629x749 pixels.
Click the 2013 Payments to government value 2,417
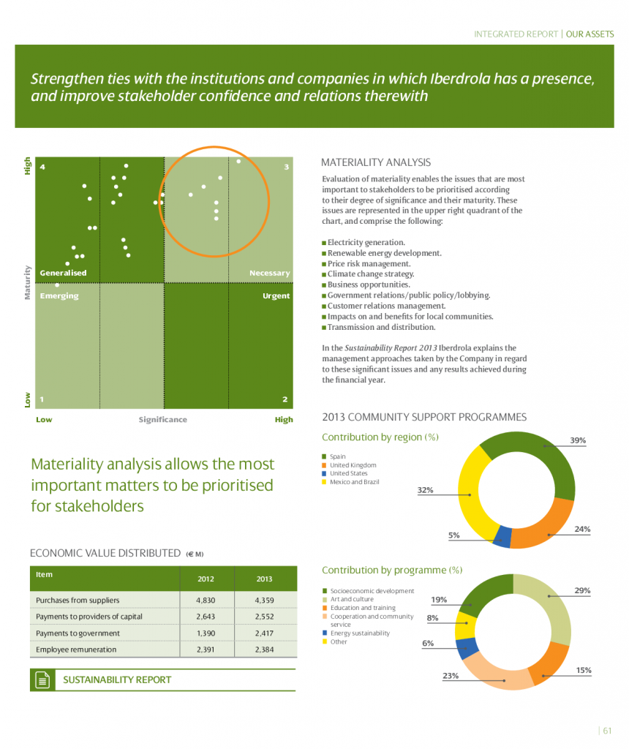pyautogui.click(x=264, y=633)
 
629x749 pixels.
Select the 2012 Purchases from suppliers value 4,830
pyautogui.click(x=206, y=600)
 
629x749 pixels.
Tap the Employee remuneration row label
pyautogui.click(x=76, y=649)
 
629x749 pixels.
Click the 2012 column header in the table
pyautogui.click(x=206, y=579)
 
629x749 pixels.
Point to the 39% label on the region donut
pyautogui.click(x=578, y=440)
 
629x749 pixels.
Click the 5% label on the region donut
pyautogui.click(x=453, y=535)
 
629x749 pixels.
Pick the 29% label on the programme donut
pyautogui.click(x=582, y=590)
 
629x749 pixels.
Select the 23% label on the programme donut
pyautogui.click(x=451, y=676)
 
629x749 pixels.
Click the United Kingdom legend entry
pyautogui.click(x=353, y=465)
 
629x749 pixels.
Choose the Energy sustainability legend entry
pyautogui.click(x=360, y=633)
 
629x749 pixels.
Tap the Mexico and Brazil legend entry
pyautogui.click(x=354, y=482)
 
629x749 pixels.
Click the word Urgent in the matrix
pyautogui.click(x=276, y=296)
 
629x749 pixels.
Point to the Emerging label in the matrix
pyautogui.click(x=59, y=296)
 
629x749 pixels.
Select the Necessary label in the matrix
pyautogui.click(x=269, y=273)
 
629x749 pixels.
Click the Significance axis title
pyautogui.click(x=163, y=420)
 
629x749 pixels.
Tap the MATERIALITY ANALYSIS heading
pyautogui.click(x=376, y=162)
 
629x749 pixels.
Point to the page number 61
pyautogui.click(x=607, y=729)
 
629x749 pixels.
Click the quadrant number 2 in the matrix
pyautogui.click(x=285, y=399)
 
